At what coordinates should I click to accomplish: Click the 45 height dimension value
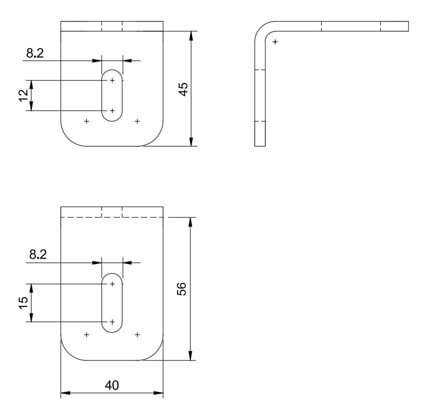click(183, 89)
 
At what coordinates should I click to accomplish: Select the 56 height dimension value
click(182, 289)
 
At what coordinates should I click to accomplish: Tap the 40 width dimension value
click(112, 385)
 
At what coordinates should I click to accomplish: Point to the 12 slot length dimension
click(23, 95)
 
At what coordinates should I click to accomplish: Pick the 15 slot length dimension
click(23, 303)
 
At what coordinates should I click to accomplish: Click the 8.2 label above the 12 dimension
click(35, 53)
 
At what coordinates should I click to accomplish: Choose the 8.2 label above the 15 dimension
click(38, 255)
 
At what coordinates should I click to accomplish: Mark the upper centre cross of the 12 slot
click(112, 80)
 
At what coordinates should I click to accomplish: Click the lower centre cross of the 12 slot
click(112, 110)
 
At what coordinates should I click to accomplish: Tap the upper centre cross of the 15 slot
click(112, 284)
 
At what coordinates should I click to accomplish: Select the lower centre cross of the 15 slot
click(112, 322)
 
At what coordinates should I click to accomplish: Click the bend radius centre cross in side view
click(275, 42)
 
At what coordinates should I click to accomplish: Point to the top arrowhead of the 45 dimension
click(191, 36)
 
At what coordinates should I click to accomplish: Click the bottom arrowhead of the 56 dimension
click(191, 356)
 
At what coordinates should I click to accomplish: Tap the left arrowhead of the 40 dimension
click(66, 393)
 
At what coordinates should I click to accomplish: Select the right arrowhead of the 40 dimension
click(158, 393)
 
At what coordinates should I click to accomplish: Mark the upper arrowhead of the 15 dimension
click(31, 288)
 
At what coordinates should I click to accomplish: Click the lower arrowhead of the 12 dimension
click(31, 106)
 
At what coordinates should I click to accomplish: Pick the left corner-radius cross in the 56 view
click(87, 335)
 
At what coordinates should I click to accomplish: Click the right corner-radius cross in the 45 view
click(137, 121)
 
